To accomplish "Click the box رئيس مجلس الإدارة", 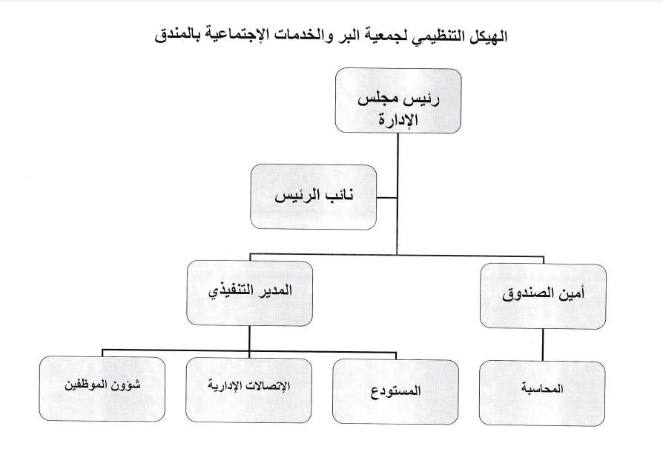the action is click(398, 101).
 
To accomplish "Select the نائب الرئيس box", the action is click(313, 197).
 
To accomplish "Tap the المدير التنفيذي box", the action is click(249, 293).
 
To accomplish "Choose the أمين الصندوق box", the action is click(543, 296).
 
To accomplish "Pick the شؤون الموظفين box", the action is click(102, 389).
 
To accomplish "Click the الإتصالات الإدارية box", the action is click(248, 390).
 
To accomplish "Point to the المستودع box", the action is click(395, 392).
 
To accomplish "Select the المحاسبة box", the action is click(542, 393).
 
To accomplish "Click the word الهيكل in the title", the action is click(485, 36).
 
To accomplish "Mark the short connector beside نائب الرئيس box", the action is click(387, 197).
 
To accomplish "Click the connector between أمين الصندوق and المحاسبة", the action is click(543, 345).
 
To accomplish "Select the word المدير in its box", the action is click(277, 290).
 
